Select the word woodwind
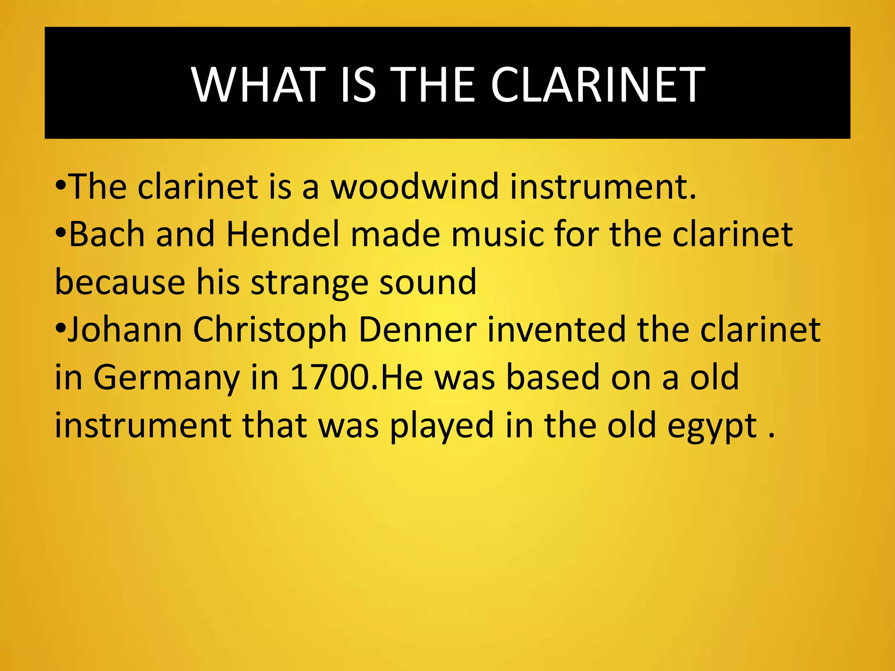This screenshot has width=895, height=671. [414, 187]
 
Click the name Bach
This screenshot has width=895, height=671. [107, 235]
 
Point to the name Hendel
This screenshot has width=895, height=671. [283, 235]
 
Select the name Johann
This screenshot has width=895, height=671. [125, 330]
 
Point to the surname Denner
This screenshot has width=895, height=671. [417, 330]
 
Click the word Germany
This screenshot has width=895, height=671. [167, 378]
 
